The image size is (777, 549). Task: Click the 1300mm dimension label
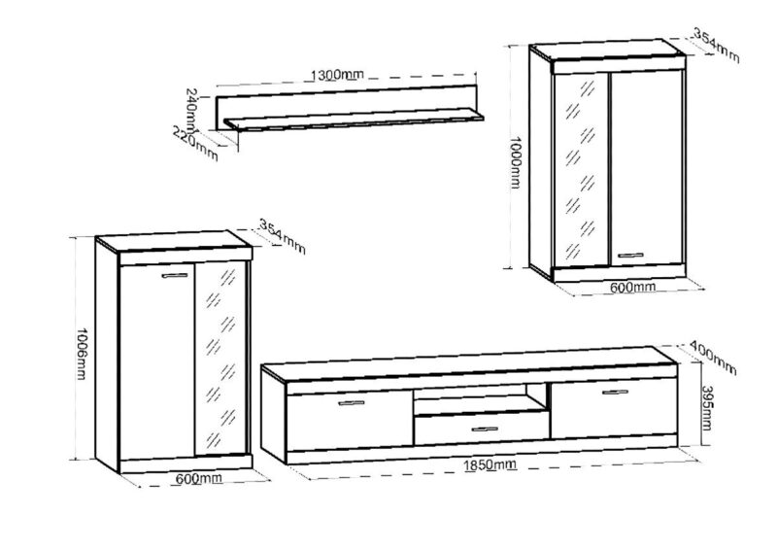[x=337, y=75]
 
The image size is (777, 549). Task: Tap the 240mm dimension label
[x=192, y=108]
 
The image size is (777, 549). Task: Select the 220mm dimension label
[x=195, y=144]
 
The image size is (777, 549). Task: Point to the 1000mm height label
[x=516, y=162]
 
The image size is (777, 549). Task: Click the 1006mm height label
[x=82, y=353]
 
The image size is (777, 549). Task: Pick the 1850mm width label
[x=490, y=465]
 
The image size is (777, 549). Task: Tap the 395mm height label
[x=707, y=408]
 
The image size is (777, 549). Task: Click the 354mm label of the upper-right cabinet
[x=716, y=46]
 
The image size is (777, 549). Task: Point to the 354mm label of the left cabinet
[x=283, y=236]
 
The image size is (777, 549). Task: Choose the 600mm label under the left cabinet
[x=199, y=479]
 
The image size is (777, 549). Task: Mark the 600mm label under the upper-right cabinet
[x=632, y=287]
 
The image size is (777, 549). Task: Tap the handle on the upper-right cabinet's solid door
[x=630, y=256]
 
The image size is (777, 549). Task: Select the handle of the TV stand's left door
[x=352, y=402]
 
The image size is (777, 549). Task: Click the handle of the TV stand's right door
[x=616, y=393]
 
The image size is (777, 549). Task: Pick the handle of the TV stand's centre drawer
[x=485, y=429]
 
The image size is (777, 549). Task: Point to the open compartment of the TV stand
[x=481, y=398]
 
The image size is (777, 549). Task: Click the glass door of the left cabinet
[x=220, y=359]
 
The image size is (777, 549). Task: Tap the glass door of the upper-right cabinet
[x=581, y=169]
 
